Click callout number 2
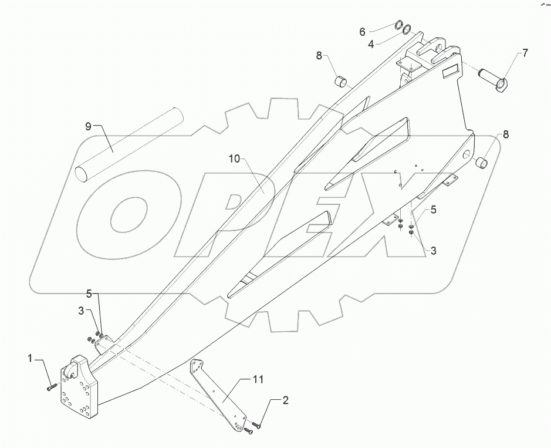click(286, 401)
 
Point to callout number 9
click(87, 126)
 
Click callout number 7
click(525, 53)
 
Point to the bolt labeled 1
click(51, 386)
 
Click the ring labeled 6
click(398, 25)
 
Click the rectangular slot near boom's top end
click(451, 72)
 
